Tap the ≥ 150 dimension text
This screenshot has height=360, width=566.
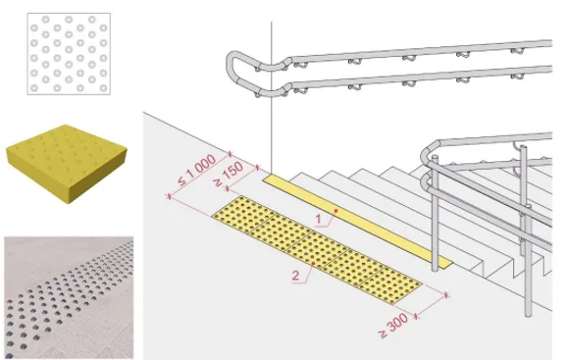pyautogui.click(x=229, y=174)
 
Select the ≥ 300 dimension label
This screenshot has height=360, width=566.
pyautogui.click(x=393, y=325)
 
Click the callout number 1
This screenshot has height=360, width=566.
pyautogui.click(x=318, y=219)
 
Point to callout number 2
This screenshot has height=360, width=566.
pyautogui.click(x=295, y=276)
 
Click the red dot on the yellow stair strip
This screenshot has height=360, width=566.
pyautogui.click(x=335, y=211)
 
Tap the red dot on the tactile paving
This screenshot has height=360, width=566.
pyautogui.click(x=313, y=264)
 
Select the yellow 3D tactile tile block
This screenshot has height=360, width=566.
pyautogui.click(x=66, y=164)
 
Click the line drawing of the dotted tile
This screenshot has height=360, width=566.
pyautogui.click(x=69, y=54)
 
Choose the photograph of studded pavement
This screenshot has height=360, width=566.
pyautogui.click(x=69, y=298)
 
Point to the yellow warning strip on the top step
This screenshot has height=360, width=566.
pyautogui.click(x=357, y=222)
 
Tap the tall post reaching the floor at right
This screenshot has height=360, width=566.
pyautogui.click(x=528, y=260)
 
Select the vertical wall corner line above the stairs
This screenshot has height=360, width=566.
pyautogui.click(x=272, y=96)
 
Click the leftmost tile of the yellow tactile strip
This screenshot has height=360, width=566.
pyautogui.click(x=244, y=214)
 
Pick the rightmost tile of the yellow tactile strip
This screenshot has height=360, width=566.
pyautogui.click(x=389, y=286)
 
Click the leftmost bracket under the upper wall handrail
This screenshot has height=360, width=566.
pyautogui.click(x=300, y=65)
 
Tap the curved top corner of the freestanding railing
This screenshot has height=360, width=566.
pyautogui.click(x=430, y=150)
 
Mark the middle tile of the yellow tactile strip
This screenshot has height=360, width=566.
pyautogui.click(x=317, y=250)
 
